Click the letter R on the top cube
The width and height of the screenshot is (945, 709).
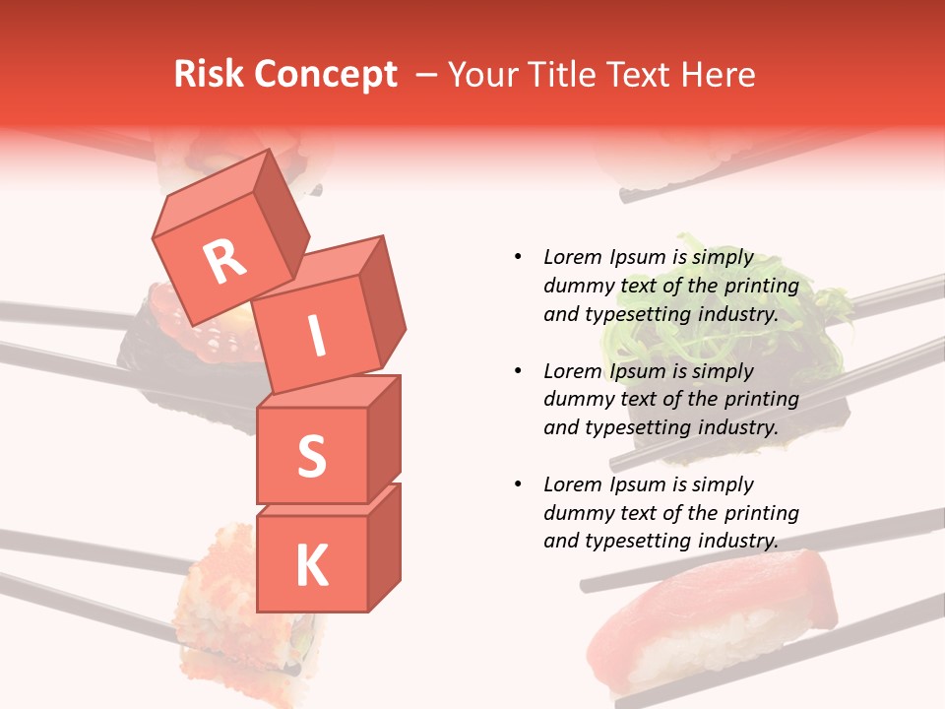pyautogui.click(x=224, y=262)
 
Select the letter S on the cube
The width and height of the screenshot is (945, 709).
pyautogui.click(x=311, y=456)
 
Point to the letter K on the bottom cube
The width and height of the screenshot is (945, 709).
pyautogui.click(x=311, y=565)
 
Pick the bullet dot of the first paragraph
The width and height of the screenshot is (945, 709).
pyautogui.click(x=518, y=258)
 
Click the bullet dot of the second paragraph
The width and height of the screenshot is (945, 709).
pyautogui.click(x=518, y=372)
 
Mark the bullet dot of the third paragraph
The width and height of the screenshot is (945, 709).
pyautogui.click(x=518, y=485)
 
